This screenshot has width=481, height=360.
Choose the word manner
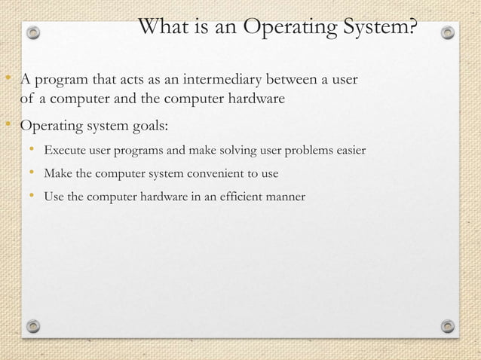pos(284,197)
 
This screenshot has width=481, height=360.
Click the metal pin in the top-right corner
pos(448,33)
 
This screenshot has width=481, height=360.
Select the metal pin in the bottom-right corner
pos(448,326)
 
